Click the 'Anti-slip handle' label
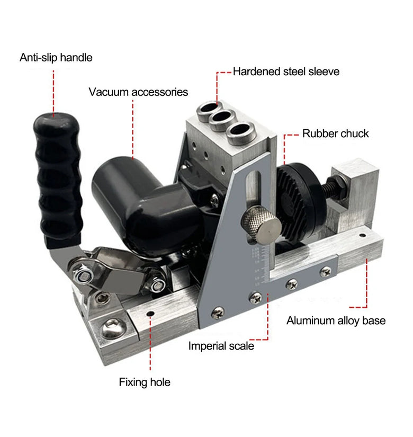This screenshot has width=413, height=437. (x=56, y=58)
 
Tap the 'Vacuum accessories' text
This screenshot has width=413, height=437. (x=138, y=92)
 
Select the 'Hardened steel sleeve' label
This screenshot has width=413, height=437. (x=286, y=72)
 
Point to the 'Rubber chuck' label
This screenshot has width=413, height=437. (x=336, y=133)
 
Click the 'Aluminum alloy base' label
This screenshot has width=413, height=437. (x=336, y=321)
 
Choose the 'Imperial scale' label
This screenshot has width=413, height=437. (x=221, y=346)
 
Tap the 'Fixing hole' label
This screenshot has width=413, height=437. (x=145, y=382)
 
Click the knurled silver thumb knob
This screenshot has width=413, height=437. (x=261, y=225)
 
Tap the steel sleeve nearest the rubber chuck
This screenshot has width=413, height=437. (x=241, y=132)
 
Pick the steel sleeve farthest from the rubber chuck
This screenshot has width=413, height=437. (x=210, y=110)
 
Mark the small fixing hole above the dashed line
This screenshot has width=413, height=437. (x=150, y=314)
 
